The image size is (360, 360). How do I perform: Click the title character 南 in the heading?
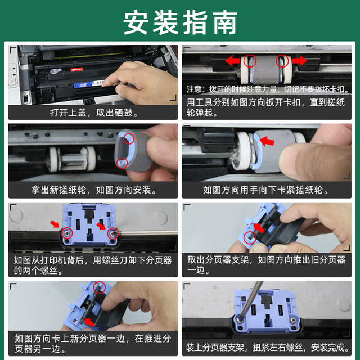click(225, 22)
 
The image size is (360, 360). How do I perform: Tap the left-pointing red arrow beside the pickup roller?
click(232, 61)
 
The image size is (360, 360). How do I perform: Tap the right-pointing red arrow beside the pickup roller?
click(300, 61)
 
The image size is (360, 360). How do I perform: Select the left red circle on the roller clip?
click(250, 61)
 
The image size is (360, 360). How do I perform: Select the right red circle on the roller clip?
click(282, 61)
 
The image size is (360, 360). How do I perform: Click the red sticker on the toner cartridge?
click(77, 69)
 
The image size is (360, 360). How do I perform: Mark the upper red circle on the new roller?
click(129, 138)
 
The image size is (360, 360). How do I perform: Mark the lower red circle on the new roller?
click(122, 163)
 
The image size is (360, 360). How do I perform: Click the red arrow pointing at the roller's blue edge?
click(267, 141)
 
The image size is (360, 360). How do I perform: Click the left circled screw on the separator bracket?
click(67, 233)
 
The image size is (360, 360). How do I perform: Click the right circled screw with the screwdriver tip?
click(113, 233)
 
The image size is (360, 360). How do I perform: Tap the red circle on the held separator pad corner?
click(250, 237)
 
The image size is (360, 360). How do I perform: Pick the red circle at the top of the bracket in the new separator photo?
click(100, 287)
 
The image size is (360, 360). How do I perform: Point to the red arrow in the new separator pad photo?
click(89, 322)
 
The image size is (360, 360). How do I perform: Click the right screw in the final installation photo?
click(293, 320)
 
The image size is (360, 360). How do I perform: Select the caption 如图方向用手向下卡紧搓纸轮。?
click(266, 190)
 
